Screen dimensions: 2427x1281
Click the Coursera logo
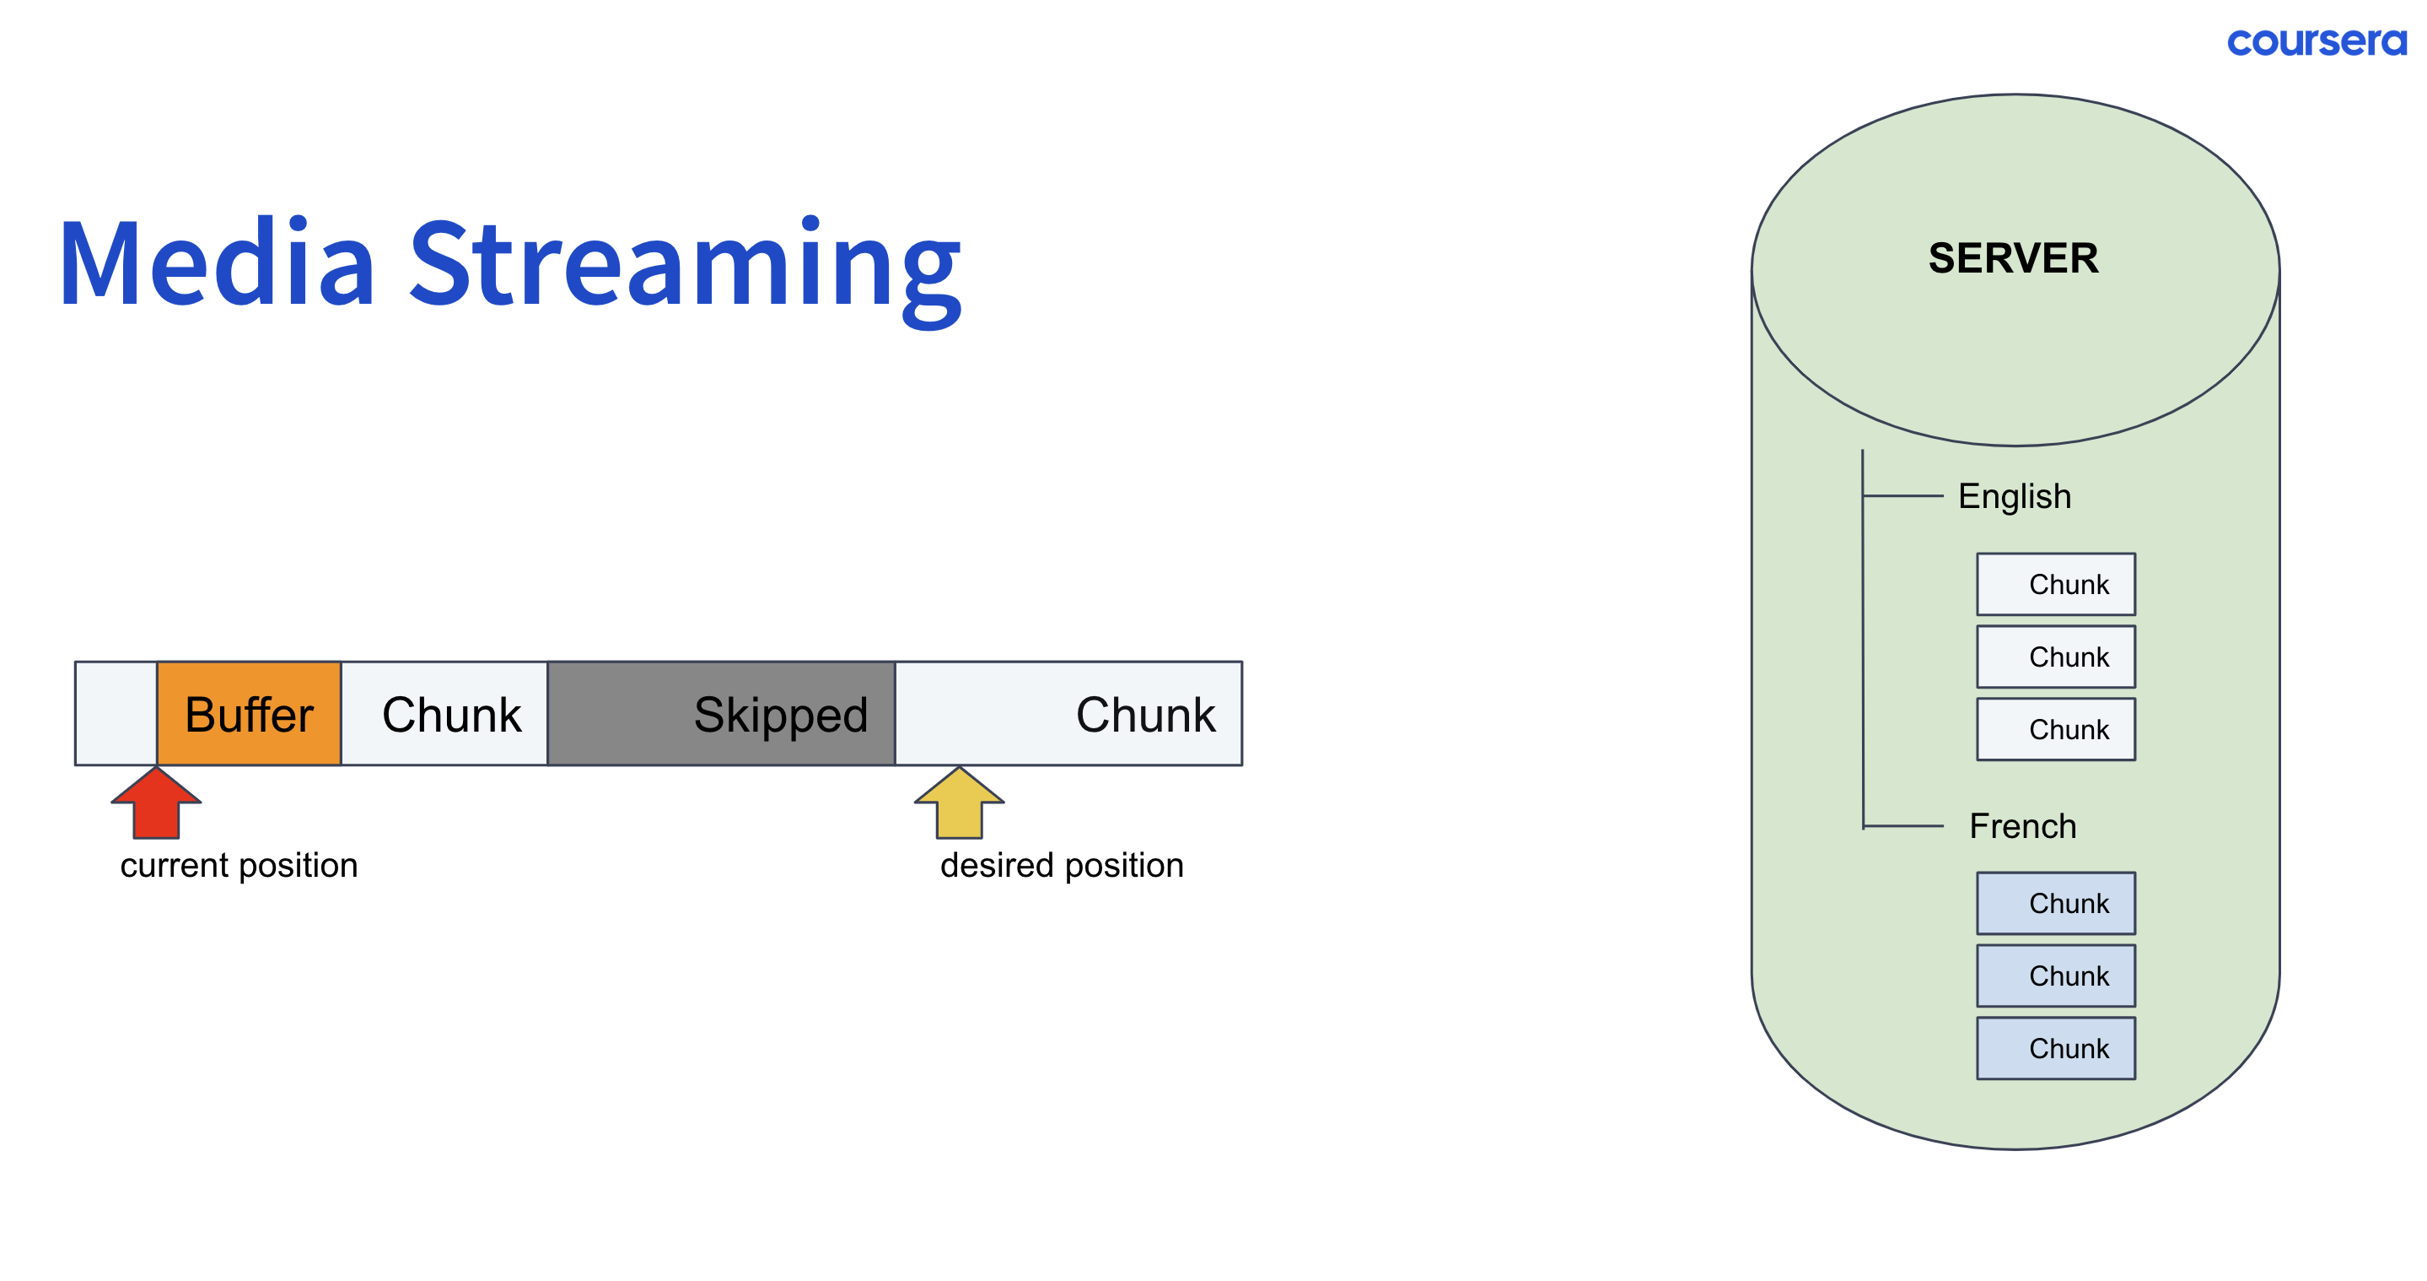click(2316, 41)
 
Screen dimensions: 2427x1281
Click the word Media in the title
click(217, 263)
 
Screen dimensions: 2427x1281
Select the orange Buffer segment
click(249, 714)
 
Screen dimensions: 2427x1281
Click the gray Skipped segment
click(721, 714)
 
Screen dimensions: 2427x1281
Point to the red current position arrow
click(156, 803)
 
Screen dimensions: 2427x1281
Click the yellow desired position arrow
click(959, 803)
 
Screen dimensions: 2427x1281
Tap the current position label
click(239, 865)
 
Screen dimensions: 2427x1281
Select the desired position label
click(1062, 865)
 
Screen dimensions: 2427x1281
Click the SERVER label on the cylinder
click(2014, 258)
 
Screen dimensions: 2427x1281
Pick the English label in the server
click(2015, 496)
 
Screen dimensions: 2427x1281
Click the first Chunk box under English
click(2056, 585)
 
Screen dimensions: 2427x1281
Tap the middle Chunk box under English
click(2056, 657)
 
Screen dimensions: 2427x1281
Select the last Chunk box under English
click(2056, 730)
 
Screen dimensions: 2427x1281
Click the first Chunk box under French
click(2056, 903)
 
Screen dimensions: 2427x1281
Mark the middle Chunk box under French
click(2056, 976)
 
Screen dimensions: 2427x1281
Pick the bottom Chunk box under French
click(2056, 1048)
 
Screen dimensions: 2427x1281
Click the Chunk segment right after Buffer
click(444, 714)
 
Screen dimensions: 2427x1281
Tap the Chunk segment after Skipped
click(1068, 714)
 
